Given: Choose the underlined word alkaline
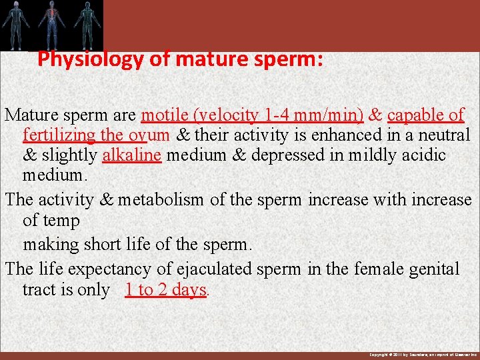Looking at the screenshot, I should tap(131, 156).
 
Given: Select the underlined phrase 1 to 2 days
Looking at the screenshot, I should tap(165, 291).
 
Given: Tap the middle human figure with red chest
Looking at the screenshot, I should tap(51, 24).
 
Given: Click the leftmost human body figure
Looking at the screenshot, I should tap(15, 24).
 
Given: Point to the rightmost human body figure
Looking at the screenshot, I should tap(85, 24).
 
